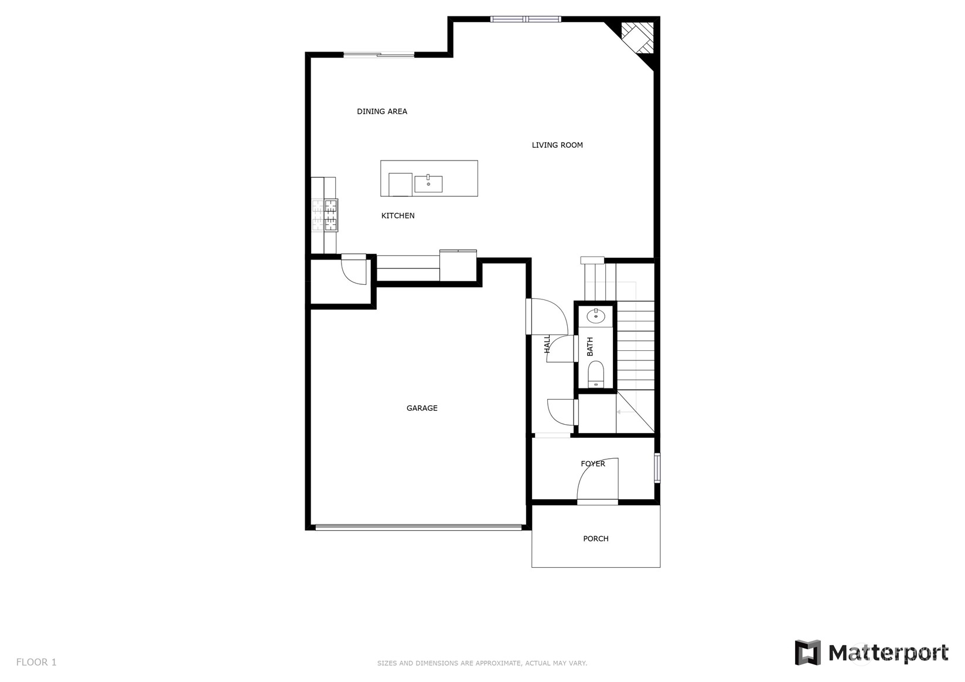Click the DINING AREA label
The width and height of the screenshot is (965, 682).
point(381,111)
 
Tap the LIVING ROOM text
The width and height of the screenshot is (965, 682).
point(557,145)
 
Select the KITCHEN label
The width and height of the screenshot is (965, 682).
point(398,216)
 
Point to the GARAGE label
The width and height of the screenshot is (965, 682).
point(422,408)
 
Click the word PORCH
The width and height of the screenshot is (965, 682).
point(596,538)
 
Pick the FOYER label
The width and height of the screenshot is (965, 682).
point(593,463)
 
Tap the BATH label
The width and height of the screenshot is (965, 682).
point(590,346)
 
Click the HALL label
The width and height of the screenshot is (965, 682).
point(547,345)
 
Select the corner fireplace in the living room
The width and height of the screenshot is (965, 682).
point(637,38)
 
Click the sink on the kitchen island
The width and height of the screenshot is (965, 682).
point(428,183)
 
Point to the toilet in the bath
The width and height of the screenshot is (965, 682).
point(596,374)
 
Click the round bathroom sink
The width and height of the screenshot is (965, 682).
point(596,316)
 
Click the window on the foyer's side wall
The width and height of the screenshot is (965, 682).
point(657,468)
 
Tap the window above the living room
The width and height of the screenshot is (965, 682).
point(526,19)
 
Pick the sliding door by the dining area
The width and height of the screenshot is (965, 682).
point(379,54)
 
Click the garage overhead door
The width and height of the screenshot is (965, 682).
point(418,527)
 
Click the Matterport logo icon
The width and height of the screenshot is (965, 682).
point(807,652)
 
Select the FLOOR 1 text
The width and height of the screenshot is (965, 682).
point(36,662)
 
